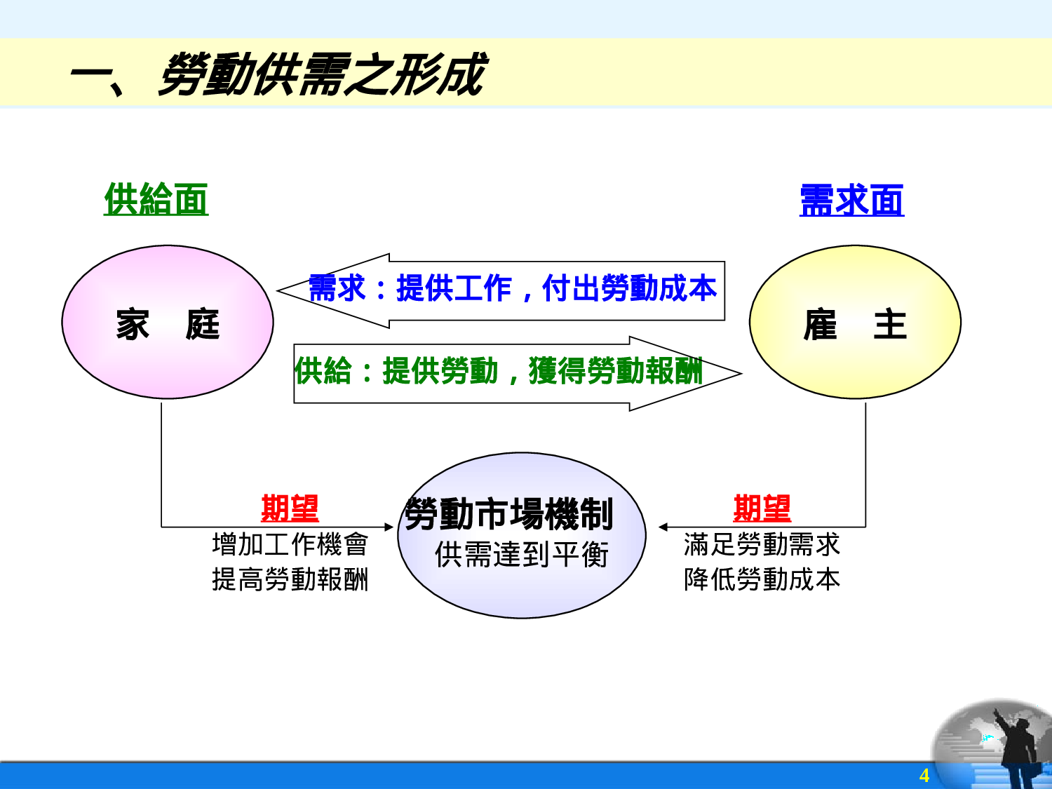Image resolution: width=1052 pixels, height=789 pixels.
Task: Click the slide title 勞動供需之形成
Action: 321,74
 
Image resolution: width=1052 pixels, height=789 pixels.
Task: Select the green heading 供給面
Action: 156,199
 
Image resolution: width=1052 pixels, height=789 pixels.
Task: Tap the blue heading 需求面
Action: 851,201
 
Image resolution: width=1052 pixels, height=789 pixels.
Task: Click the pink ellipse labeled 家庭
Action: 168,323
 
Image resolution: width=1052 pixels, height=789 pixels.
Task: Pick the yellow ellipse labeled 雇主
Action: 855,323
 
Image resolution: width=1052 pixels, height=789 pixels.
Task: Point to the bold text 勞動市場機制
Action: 509,513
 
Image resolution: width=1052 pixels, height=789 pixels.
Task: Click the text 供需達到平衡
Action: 522,555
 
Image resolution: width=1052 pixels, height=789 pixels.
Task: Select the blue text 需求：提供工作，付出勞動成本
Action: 513,288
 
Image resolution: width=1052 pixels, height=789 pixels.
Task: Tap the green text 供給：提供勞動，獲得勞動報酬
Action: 498,371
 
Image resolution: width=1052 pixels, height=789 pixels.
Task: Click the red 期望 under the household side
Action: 290,508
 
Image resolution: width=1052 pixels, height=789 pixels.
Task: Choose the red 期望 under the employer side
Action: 762,508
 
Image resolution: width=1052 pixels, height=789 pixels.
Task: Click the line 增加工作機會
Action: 290,544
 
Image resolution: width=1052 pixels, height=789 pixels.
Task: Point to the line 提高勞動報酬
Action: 290,579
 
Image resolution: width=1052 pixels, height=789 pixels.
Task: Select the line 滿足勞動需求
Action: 762,544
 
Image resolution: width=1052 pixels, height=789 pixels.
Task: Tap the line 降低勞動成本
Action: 762,579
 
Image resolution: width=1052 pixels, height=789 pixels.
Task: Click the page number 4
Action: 924,775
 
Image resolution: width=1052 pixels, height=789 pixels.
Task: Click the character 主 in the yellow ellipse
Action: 890,325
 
